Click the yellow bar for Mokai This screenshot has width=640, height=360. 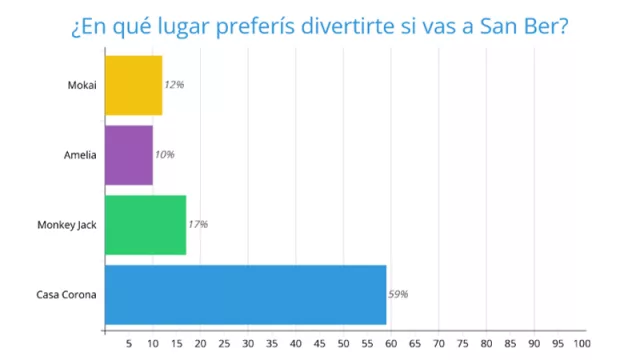(133, 85)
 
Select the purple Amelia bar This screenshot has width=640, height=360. (128, 155)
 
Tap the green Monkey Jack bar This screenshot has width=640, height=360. (145, 225)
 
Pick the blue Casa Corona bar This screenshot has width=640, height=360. (245, 294)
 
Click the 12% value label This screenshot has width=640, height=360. (174, 85)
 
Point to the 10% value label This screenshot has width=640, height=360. (165, 155)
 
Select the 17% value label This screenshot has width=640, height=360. (198, 225)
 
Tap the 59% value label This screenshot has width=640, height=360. (398, 294)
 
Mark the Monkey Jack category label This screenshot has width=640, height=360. (66, 225)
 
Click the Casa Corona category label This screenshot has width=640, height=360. (66, 294)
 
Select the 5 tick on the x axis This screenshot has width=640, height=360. (128, 343)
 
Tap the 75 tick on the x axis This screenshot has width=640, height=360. (463, 343)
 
